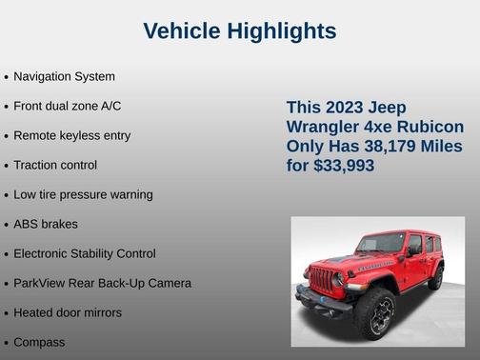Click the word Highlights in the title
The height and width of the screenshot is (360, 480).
282,31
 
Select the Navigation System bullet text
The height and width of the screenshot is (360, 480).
64,76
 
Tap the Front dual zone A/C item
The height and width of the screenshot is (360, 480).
67,106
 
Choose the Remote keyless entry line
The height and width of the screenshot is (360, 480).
72,135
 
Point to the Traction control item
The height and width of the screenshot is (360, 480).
55,165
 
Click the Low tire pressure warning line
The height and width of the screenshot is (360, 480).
83,194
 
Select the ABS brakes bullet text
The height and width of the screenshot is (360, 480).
46,224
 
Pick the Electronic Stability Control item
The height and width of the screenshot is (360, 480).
85,253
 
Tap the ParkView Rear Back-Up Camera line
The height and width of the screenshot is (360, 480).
102,283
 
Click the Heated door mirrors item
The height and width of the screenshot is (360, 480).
68,311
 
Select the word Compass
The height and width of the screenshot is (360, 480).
40,341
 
